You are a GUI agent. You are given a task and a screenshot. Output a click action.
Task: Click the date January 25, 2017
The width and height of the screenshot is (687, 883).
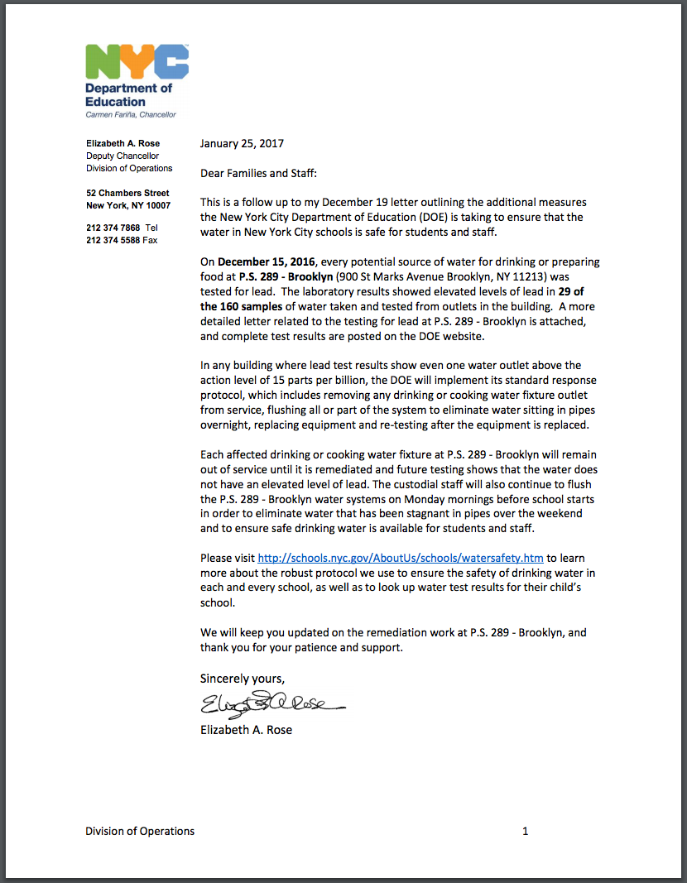coord(242,143)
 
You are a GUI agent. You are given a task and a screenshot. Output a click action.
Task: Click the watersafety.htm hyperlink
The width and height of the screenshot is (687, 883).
coord(401,559)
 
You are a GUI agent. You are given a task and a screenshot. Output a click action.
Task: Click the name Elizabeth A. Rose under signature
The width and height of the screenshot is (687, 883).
coord(246,730)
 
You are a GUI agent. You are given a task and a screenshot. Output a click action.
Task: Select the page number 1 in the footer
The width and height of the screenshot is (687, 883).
coord(525,831)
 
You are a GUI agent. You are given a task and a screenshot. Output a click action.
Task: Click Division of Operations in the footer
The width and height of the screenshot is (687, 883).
coord(140,831)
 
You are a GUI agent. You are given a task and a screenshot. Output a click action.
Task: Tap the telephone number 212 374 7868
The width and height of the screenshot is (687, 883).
coord(113,228)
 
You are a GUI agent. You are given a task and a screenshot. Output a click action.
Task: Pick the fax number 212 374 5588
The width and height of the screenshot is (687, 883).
coord(113,240)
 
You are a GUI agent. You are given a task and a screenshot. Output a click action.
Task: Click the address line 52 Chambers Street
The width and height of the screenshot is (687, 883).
coord(127,193)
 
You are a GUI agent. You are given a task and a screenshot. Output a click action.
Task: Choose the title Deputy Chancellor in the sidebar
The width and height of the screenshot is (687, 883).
coord(123,156)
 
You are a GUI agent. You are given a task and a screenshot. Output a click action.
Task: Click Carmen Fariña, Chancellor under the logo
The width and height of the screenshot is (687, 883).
coord(131,114)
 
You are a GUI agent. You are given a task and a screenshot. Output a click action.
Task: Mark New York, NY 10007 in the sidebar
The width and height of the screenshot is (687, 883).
coord(128,205)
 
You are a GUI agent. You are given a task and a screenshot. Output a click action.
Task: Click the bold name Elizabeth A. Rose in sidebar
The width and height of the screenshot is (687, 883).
coord(123,143)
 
